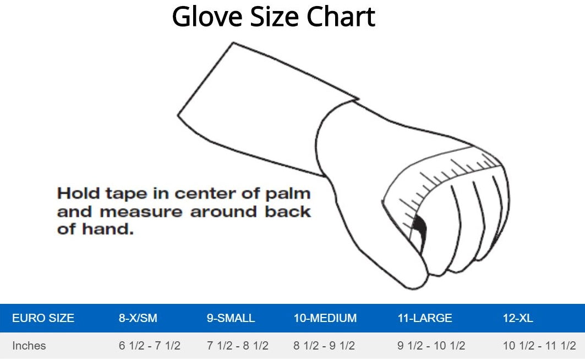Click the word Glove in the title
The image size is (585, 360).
(207, 17)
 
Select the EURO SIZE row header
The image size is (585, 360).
(43, 318)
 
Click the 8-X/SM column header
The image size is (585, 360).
(138, 318)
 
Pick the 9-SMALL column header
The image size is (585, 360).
(231, 318)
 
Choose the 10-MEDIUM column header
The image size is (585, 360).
(325, 318)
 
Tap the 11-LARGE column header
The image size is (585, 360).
(424, 318)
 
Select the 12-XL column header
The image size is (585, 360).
(518, 318)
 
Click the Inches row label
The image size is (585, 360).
(29, 346)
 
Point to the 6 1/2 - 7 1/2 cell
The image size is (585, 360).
(150, 346)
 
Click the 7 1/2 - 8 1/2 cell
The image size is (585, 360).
(238, 346)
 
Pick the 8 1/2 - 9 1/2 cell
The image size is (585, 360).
(324, 346)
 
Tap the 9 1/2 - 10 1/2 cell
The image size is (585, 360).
(431, 346)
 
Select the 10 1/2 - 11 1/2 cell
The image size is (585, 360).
(539, 346)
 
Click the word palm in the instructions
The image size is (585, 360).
(288, 194)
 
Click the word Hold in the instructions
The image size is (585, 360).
(78, 194)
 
